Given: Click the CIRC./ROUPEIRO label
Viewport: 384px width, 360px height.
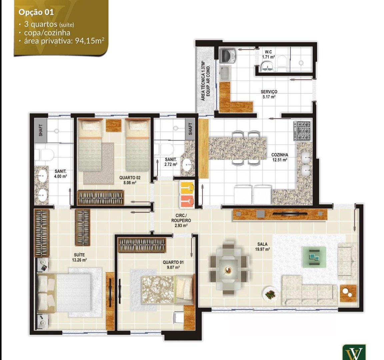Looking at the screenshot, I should (x=181, y=220).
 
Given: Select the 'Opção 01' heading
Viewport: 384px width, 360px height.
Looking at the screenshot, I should (x=36, y=12).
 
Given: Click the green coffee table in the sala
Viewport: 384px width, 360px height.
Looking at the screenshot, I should (x=314, y=257).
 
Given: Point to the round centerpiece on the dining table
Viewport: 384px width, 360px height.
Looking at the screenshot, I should (x=228, y=270).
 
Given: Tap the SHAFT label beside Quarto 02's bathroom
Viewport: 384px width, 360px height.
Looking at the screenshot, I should (x=190, y=129).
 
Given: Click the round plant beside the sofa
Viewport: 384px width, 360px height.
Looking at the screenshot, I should (x=271, y=294).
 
